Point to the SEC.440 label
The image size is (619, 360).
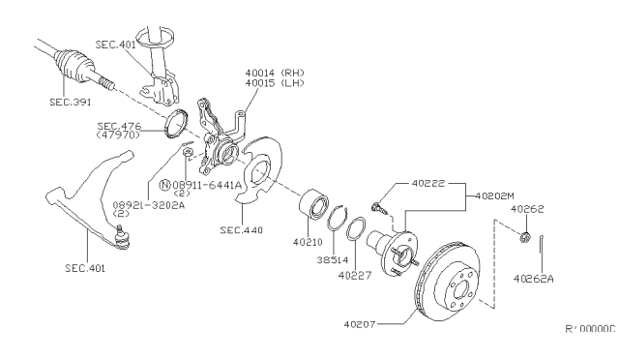241,230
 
